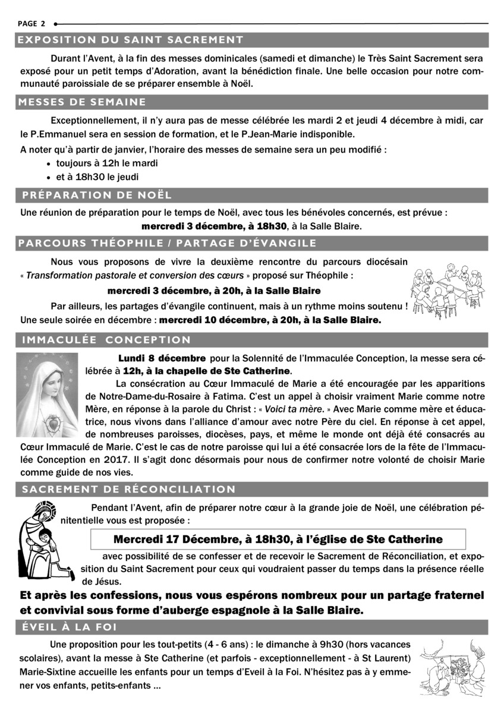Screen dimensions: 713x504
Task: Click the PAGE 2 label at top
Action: [31, 24]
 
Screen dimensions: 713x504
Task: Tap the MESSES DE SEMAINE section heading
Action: [82, 102]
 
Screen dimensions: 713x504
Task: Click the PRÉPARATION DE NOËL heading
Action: [97, 195]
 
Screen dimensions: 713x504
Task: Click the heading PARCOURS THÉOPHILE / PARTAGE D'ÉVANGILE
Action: [168, 243]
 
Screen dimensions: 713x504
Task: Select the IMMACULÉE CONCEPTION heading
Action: [106, 340]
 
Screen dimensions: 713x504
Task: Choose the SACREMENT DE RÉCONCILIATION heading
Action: [128, 489]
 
